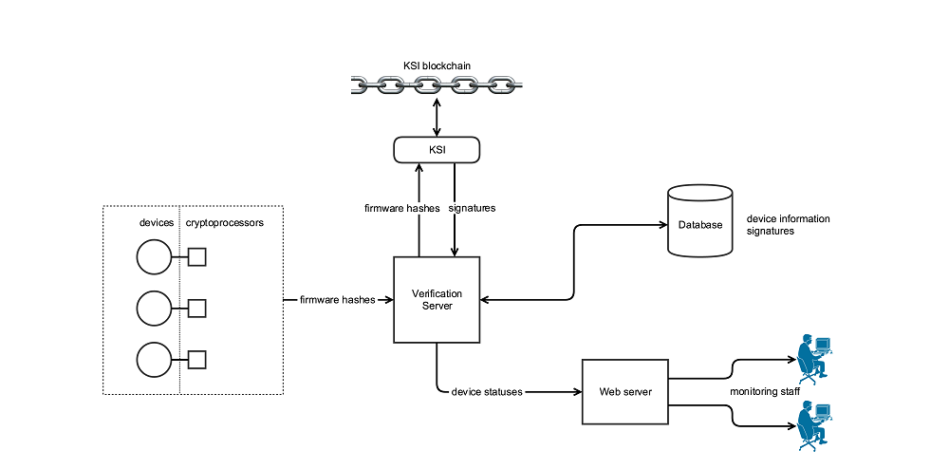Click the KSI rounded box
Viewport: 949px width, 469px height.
point(437,150)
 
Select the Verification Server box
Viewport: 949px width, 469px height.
point(437,299)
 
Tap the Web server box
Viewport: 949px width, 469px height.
point(625,392)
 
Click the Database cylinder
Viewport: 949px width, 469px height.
point(700,222)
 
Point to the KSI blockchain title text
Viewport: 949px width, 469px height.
point(437,66)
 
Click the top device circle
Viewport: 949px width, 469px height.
point(153,256)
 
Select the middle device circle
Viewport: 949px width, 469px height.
point(153,308)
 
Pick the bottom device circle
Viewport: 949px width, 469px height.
point(153,359)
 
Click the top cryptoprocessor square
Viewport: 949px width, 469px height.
point(197,256)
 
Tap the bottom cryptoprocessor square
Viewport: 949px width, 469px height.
point(197,359)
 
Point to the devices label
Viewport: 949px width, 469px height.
point(157,222)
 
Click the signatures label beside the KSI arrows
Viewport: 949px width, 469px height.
point(472,207)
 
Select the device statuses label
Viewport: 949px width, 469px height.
point(487,392)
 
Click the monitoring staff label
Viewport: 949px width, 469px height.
point(765,391)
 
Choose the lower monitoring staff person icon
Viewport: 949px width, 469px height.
point(813,423)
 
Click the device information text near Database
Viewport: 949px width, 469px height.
point(788,218)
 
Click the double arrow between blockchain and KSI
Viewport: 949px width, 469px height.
point(437,117)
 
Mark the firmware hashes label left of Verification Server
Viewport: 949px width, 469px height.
point(337,300)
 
